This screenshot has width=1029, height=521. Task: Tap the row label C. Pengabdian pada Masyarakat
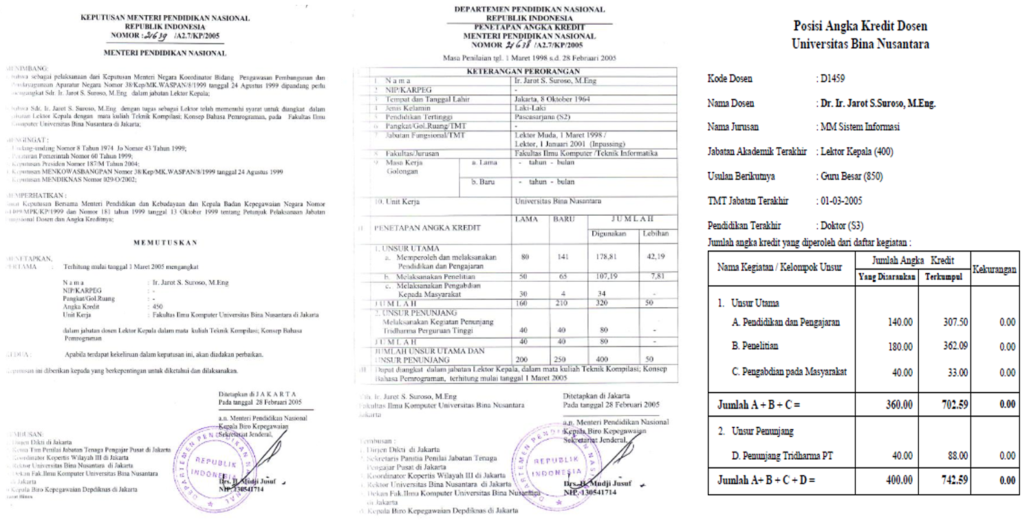click(790, 372)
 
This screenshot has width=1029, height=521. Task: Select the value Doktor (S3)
click(840, 225)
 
